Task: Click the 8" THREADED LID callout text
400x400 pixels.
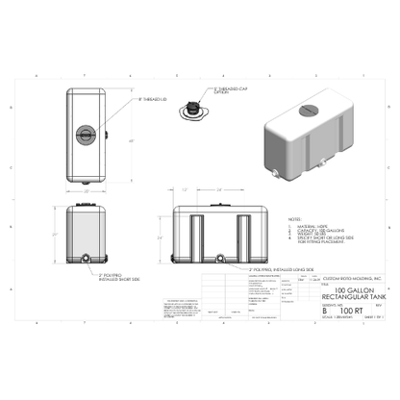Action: tap(155, 99)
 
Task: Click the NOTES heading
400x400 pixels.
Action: tap(294, 219)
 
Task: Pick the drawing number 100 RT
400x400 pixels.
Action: tap(347, 312)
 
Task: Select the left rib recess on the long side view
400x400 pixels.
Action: tap(195, 237)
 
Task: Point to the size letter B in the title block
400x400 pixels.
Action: tap(324, 312)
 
